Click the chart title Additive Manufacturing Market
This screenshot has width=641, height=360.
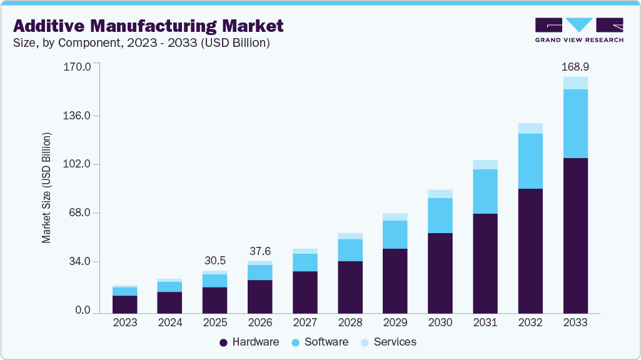pos(148,26)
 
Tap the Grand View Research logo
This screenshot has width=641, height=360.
pos(578,30)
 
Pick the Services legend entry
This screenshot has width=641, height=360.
pos(388,342)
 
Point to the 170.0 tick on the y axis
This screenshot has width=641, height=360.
pos(78,66)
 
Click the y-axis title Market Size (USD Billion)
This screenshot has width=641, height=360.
pos(46,188)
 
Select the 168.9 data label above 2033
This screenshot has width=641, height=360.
pos(575,66)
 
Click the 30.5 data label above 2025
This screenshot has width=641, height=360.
pos(215,261)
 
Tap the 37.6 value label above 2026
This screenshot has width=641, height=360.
pos(260,251)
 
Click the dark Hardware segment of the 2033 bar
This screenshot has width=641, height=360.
pos(575,235)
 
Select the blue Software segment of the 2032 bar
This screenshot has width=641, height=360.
pos(530,161)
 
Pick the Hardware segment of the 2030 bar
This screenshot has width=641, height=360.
pos(440,273)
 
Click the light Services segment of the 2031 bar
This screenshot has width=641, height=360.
pos(485,164)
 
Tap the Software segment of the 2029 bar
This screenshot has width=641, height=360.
pos(395,234)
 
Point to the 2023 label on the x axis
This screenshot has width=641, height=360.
pos(125,323)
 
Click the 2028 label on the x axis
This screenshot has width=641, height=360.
pos(350,323)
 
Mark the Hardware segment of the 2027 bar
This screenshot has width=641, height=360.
pos(305,292)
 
